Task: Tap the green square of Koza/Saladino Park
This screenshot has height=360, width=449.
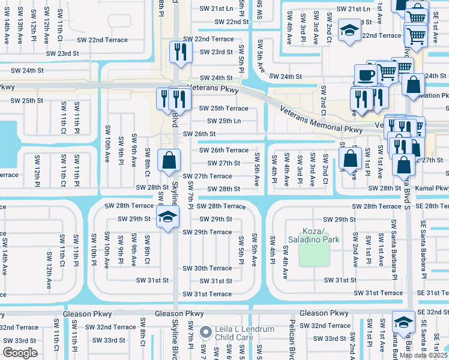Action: point(314,254)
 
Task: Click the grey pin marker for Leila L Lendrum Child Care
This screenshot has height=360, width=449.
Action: point(206,332)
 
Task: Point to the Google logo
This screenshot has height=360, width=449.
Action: point(20,352)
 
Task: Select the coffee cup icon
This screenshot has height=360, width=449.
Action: point(366,76)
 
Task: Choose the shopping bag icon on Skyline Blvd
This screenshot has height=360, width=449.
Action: point(169,160)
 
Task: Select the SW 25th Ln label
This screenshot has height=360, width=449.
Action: point(220,121)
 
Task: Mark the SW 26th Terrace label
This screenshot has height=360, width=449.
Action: point(223,150)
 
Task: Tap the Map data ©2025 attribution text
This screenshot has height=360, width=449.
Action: point(424,355)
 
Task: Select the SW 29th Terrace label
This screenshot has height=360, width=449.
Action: point(206,232)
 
